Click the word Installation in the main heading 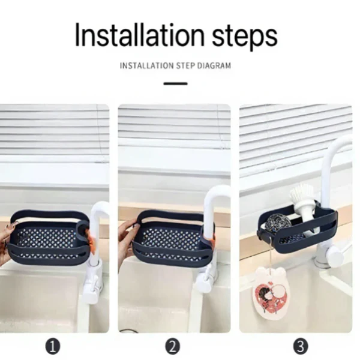coord(140,35)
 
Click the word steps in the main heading coord(245,37)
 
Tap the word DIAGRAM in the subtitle coord(214,66)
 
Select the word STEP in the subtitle coord(186,66)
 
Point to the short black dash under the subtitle coord(175,83)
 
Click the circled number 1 coord(53,346)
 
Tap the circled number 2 coord(173,346)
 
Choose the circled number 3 coord(301,346)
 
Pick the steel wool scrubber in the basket coord(278,222)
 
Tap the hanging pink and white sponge coord(272,293)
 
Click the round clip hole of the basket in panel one coord(82,228)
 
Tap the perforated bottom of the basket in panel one coord(46,239)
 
